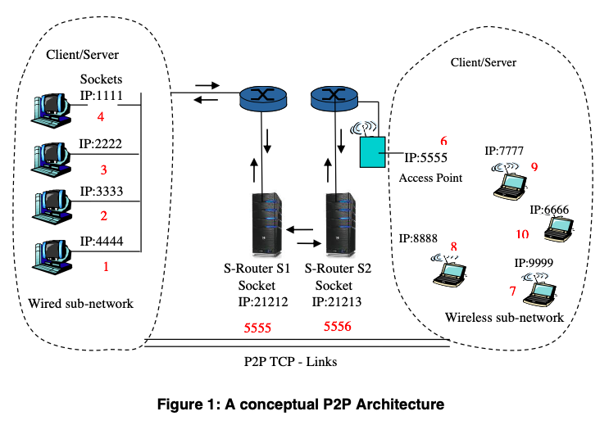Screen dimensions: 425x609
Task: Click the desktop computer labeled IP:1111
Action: [x=51, y=106]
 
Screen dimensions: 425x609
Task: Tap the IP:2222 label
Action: [x=102, y=143]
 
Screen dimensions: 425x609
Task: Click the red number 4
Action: [x=101, y=117]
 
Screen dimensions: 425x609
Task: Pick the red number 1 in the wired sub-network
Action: [x=105, y=266]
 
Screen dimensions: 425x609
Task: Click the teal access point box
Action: [x=372, y=153]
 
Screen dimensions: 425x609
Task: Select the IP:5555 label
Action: [x=425, y=157]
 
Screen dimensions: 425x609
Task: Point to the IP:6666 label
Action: [x=549, y=210]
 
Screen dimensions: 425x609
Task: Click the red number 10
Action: [x=523, y=234]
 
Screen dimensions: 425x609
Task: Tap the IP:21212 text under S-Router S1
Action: [x=262, y=301]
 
